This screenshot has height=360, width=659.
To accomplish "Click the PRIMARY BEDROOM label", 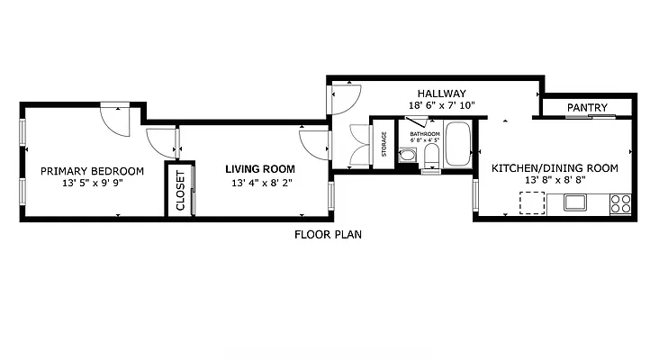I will click(x=92, y=171).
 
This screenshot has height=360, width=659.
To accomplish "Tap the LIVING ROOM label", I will click(x=260, y=168).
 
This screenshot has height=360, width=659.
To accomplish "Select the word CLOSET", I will click(x=180, y=190).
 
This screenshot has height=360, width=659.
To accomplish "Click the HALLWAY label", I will click(x=441, y=94).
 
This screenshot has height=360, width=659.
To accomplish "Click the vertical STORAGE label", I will click(x=384, y=144).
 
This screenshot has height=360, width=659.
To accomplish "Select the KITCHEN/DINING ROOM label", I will click(x=554, y=167).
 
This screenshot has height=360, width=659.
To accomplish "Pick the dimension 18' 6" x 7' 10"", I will click(x=441, y=105).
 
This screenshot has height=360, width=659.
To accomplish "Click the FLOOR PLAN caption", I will click(x=329, y=235).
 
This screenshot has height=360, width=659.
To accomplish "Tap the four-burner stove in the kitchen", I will click(x=620, y=203).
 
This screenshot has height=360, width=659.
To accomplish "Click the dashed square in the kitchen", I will click(x=531, y=202).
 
